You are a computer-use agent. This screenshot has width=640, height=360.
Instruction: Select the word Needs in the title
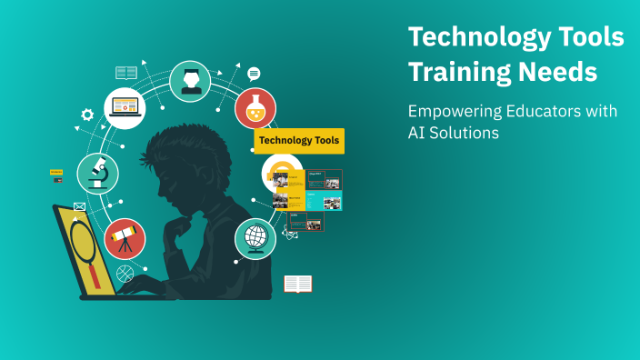click(565, 71)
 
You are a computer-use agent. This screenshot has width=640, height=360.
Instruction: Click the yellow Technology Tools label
click(299, 141)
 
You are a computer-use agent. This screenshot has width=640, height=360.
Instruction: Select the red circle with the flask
click(255, 108)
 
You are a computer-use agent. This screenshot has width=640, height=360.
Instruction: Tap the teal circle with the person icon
click(190, 82)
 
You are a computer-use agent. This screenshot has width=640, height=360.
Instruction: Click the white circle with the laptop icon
click(125, 107)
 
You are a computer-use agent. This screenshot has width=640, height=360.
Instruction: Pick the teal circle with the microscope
click(97, 173)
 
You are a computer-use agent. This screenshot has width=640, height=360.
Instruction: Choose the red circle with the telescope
click(125, 238)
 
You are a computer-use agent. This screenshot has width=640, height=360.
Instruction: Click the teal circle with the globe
click(255, 238)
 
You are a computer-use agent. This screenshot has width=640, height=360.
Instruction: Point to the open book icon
click(297, 285)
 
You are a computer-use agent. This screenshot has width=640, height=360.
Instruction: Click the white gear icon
click(87, 115)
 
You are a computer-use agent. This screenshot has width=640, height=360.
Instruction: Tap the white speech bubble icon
click(254, 74)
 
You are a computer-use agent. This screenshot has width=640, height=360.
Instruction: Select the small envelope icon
click(79, 207)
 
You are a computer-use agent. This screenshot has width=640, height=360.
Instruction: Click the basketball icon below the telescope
click(125, 272)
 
